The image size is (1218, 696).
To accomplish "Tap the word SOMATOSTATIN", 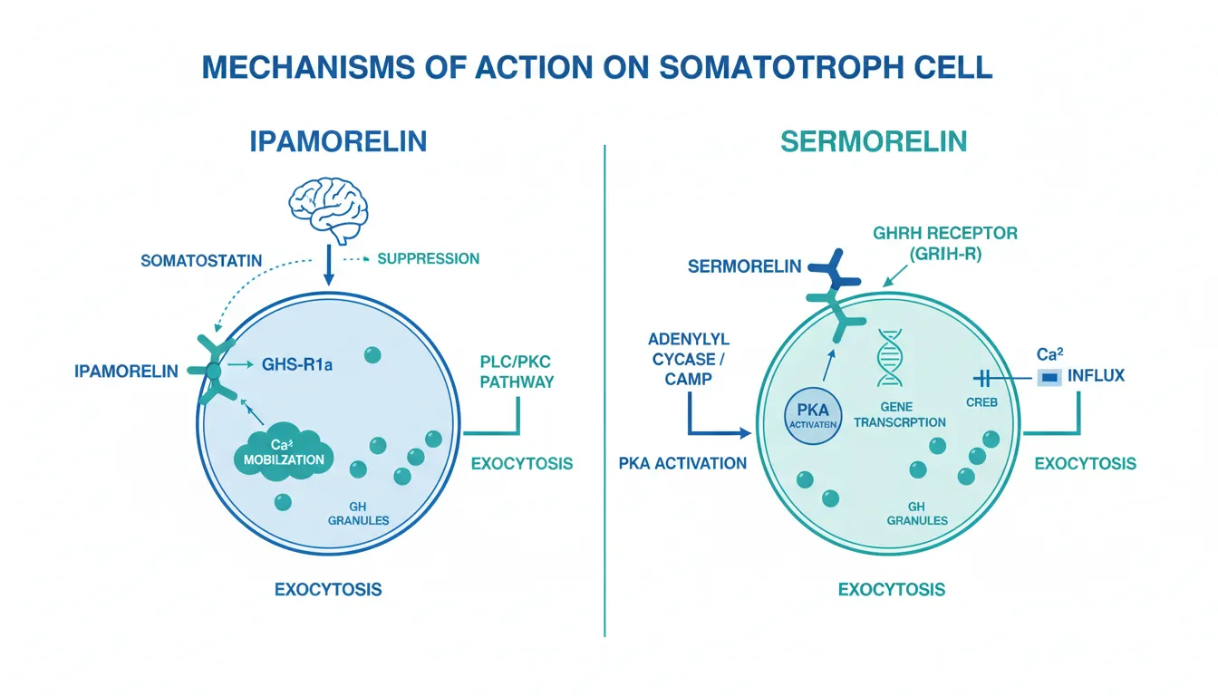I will click(x=201, y=261).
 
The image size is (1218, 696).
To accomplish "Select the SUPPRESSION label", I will click(x=428, y=258).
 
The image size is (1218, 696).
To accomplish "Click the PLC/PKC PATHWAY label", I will click(x=516, y=372).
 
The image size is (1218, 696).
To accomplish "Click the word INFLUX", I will click(x=1096, y=374).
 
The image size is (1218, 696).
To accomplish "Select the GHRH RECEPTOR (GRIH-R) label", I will click(x=944, y=241).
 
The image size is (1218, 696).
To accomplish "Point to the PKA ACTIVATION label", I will click(x=682, y=463).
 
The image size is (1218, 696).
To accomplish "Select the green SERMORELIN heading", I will click(x=875, y=142).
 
